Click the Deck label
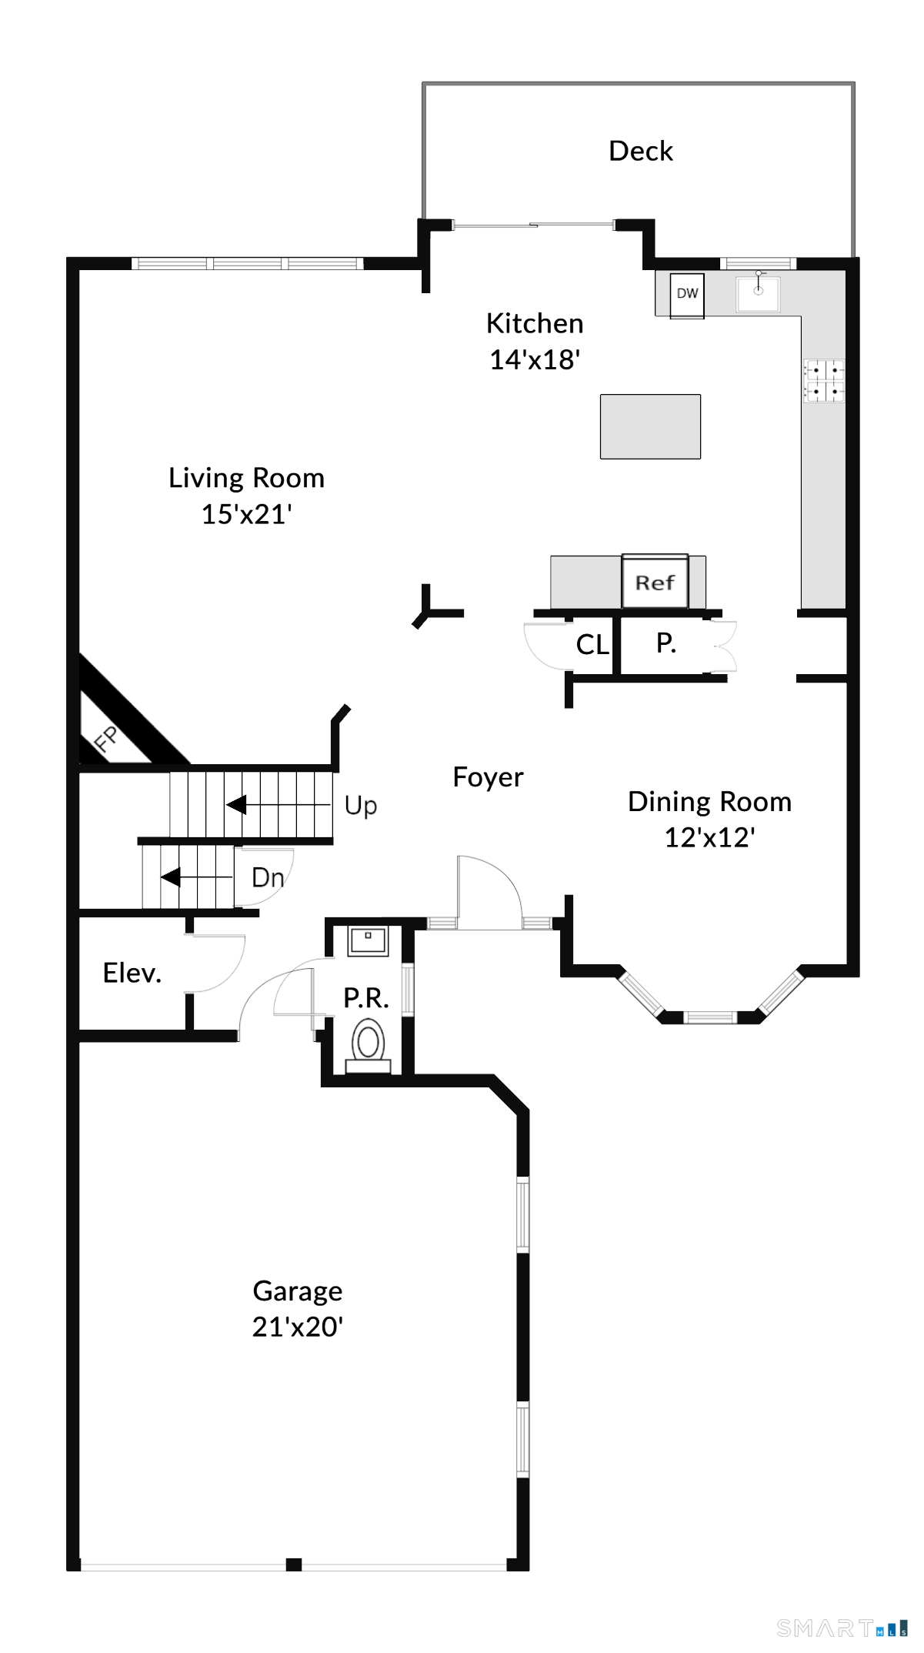click(x=640, y=151)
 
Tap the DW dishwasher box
click(x=687, y=295)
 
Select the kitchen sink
click(x=758, y=294)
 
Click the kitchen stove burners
click(x=824, y=381)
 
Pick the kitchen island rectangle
click(x=650, y=426)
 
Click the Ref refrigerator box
click(x=655, y=581)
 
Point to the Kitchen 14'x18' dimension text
click(x=535, y=359)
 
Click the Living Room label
click(x=246, y=478)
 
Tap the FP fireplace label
click(x=105, y=738)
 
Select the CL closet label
click(x=592, y=645)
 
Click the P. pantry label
click(x=665, y=643)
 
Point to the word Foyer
click(x=488, y=777)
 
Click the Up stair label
click(x=360, y=806)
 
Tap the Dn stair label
click(x=268, y=877)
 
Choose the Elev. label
click(x=132, y=973)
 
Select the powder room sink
click(x=369, y=940)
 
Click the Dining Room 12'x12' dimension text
click(x=709, y=837)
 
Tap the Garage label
click(x=298, y=1291)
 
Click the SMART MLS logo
click(x=842, y=1628)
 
